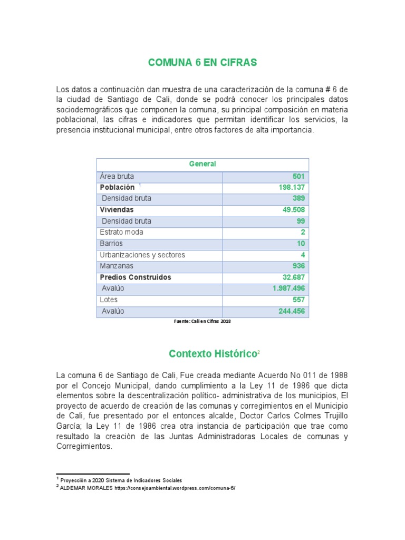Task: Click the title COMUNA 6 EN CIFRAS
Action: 202,63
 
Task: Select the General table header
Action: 202,164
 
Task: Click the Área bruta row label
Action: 117,177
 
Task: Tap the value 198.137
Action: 292,188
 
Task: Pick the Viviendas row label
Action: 117,210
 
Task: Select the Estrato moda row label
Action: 121,233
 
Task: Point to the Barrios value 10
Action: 300,244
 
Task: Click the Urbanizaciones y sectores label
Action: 142,255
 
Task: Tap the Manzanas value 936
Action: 298,266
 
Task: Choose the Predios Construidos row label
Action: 136,277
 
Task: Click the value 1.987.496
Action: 288,288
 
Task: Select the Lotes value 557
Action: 298,300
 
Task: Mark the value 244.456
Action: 292,311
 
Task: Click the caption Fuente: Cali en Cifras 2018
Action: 202,321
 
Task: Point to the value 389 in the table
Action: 298,199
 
